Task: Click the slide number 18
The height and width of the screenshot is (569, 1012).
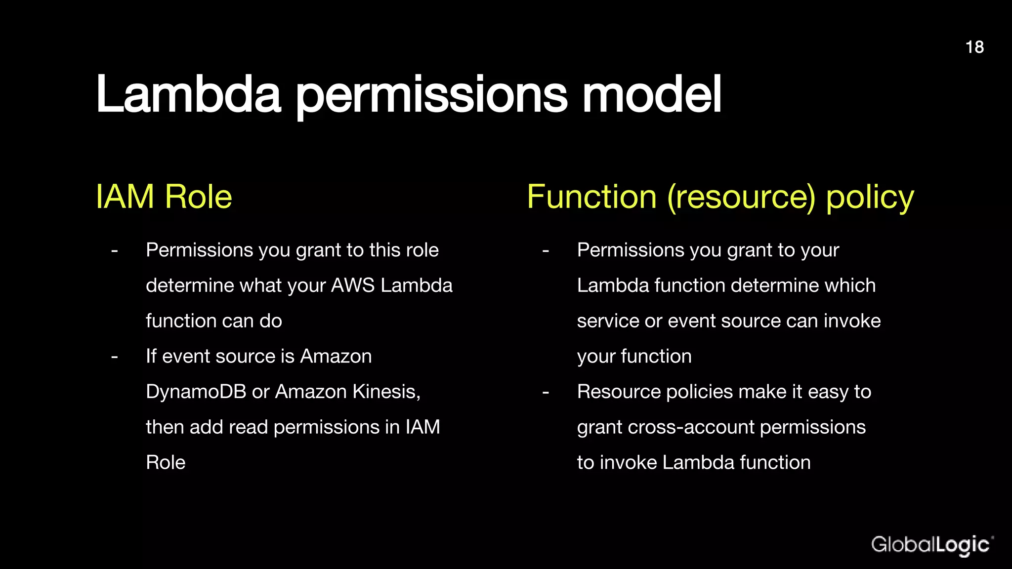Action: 974,47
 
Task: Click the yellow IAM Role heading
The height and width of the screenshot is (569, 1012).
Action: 164,197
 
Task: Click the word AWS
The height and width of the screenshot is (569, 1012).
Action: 353,285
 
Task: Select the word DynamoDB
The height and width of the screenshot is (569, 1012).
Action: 196,392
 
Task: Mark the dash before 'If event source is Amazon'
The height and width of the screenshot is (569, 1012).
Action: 115,357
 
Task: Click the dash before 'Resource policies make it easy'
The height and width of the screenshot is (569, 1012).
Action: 546,392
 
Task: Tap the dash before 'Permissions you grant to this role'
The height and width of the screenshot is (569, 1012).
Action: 115,250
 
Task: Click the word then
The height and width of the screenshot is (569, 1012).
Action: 165,427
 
